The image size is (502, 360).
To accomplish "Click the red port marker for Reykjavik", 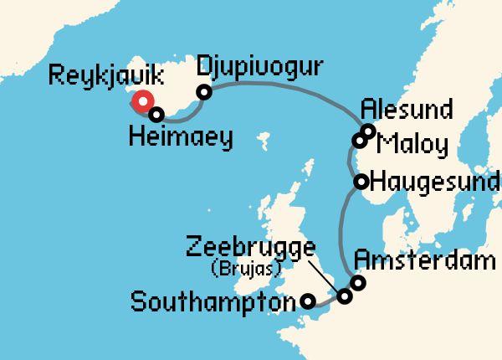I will click(x=143, y=102).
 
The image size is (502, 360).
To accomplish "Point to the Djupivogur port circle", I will click(x=203, y=92).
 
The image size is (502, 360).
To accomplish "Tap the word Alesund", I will click(x=407, y=110).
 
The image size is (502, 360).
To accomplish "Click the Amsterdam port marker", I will click(x=358, y=283).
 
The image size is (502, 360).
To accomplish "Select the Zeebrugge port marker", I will click(x=345, y=296).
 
